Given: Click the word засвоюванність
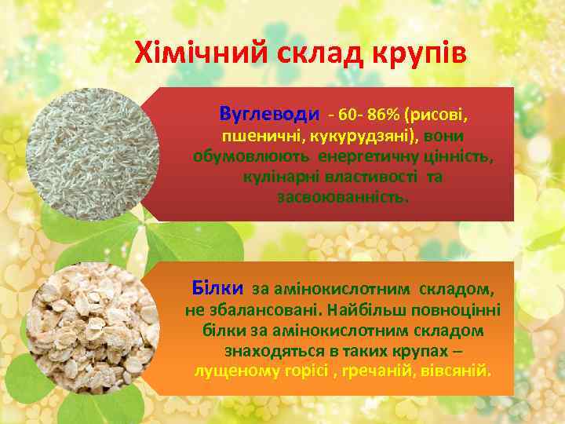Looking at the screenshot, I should pos(343,196).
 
